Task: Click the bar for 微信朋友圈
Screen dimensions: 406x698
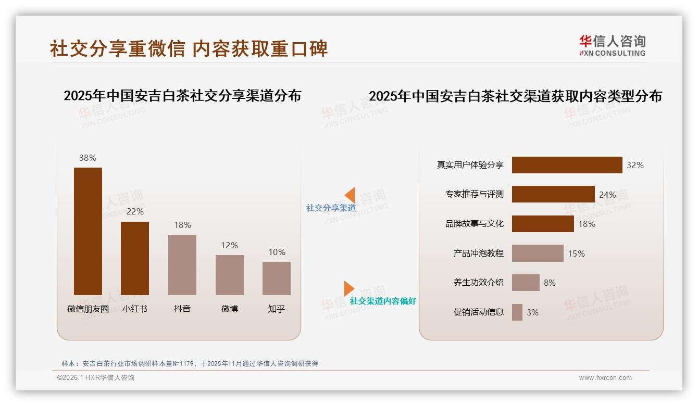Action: [88, 231]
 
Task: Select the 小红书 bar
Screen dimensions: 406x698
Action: [135, 258]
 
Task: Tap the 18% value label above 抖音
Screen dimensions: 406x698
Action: [182, 225]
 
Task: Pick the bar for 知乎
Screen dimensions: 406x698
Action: [277, 278]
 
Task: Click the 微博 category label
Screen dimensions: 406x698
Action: [230, 309]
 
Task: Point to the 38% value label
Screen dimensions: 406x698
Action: [88, 158]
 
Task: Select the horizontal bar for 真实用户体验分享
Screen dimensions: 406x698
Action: [567, 165]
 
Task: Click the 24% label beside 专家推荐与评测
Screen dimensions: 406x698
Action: [607, 195]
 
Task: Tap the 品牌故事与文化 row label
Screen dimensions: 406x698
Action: [474, 224]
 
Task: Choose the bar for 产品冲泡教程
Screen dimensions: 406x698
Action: [538, 253]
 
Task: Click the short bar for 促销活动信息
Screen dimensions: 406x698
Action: [517, 312]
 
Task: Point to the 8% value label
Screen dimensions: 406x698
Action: [550, 283]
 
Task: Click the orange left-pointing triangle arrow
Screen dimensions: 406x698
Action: [350, 195]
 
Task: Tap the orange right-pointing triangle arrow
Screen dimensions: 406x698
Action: [348, 288]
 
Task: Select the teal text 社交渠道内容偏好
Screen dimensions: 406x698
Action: [383, 301]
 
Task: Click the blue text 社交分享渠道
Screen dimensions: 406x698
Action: [331, 208]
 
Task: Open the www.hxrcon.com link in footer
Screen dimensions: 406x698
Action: [605, 378]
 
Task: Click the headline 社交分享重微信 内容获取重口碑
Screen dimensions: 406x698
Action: [189, 49]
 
